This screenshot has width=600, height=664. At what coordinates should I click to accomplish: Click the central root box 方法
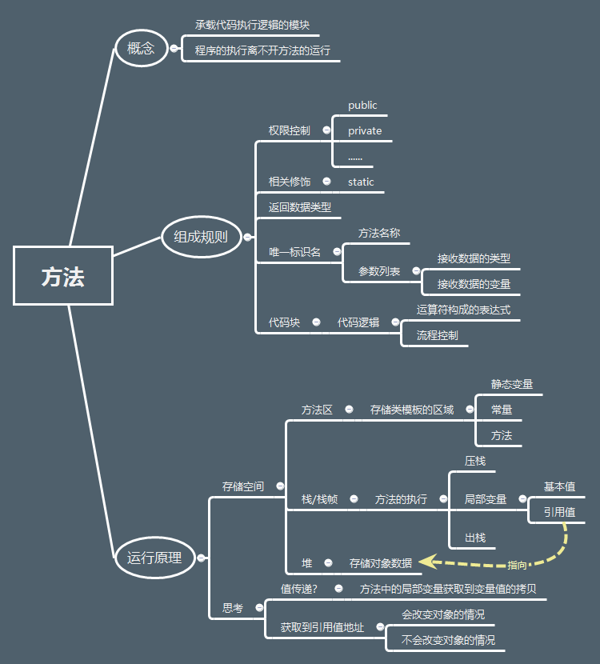63,276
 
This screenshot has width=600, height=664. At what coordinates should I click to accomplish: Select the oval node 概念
141,48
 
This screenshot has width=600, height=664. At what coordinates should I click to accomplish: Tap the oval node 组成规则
201,236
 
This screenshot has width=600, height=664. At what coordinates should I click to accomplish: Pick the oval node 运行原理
154,558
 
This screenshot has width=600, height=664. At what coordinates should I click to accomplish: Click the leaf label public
362,106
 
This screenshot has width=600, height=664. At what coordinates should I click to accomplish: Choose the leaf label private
365,131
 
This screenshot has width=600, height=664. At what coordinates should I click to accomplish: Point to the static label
361,182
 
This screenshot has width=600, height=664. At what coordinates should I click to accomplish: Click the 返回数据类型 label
300,207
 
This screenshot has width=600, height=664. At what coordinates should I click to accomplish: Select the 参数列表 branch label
379,271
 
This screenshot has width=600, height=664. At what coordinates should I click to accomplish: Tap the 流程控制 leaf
438,335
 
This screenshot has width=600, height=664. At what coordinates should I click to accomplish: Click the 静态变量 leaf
512,384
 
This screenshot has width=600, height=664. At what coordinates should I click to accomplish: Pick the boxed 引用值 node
559,512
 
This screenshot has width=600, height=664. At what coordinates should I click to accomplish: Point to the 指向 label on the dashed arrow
518,565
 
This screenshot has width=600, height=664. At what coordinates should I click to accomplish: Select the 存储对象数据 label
381,563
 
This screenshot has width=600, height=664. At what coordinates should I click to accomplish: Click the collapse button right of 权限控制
326,130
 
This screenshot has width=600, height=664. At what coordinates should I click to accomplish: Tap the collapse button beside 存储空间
280,486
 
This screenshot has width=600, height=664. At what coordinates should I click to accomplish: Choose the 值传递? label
299,589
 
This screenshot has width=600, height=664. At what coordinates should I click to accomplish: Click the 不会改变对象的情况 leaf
448,640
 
